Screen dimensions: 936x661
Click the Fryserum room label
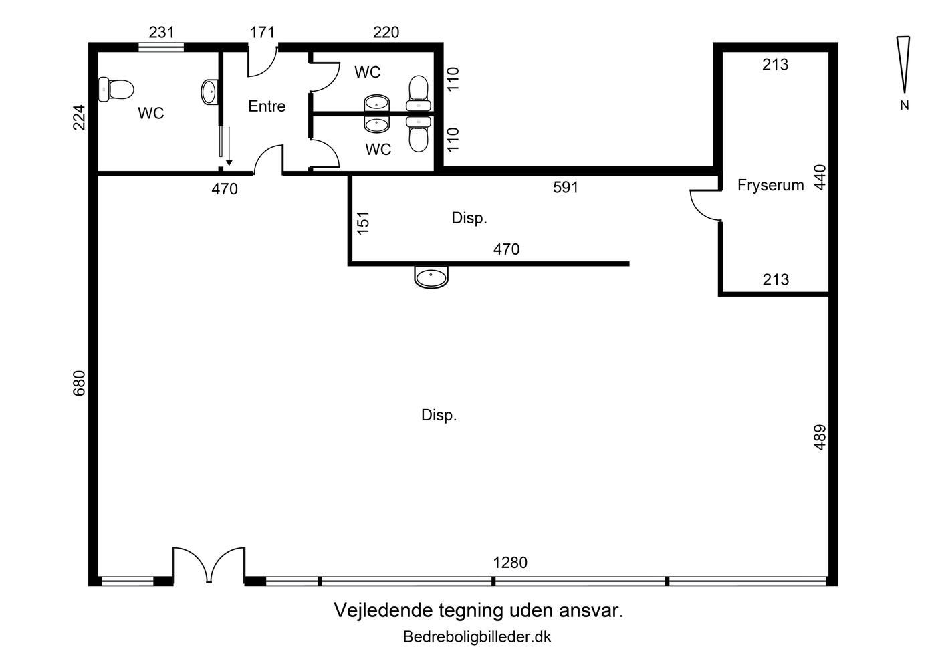pyautogui.click(x=770, y=185)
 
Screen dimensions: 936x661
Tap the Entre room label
pyautogui.click(x=267, y=106)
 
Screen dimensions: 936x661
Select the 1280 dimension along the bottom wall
pyautogui.click(x=509, y=563)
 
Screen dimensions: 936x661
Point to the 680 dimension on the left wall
pyautogui.click(x=79, y=383)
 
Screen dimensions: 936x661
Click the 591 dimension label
pyautogui.click(x=566, y=188)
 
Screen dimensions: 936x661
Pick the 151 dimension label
pyautogui.click(x=363, y=223)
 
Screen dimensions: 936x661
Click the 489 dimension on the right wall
pyautogui.click(x=820, y=438)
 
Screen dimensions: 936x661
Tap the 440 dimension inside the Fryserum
pyautogui.click(x=820, y=178)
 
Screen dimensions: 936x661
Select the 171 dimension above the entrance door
pyautogui.click(x=262, y=32)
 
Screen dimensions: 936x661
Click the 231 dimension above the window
pyautogui.click(x=161, y=32)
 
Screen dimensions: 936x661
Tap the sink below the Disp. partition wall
pyautogui.click(x=431, y=277)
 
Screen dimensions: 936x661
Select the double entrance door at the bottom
pyautogui.click(x=209, y=565)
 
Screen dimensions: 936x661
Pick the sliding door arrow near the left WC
pyautogui.click(x=229, y=146)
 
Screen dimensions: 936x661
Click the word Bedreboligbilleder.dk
pyautogui.click(x=477, y=637)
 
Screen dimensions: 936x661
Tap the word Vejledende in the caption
pyautogui.click(x=383, y=610)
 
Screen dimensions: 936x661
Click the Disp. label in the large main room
pyautogui.click(x=439, y=415)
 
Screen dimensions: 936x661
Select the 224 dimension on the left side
pyautogui.click(x=79, y=118)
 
